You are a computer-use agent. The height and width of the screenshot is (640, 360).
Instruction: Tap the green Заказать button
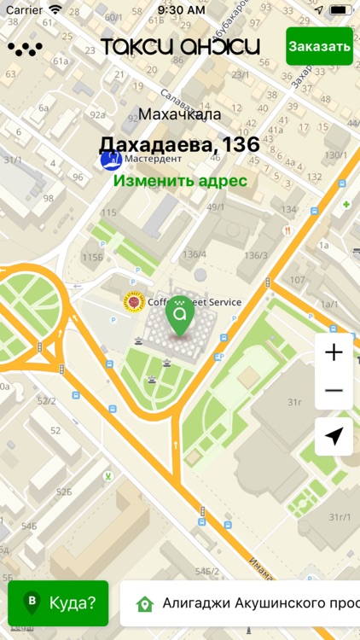pyautogui.click(x=319, y=46)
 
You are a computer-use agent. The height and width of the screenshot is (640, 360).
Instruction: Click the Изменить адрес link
pyautogui.click(x=180, y=181)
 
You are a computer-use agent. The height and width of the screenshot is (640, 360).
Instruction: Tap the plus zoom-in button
pyautogui.click(x=334, y=352)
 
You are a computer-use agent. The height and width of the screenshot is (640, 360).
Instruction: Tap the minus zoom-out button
pyautogui.click(x=334, y=391)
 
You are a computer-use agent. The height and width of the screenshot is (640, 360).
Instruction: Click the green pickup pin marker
pyautogui.click(x=179, y=314)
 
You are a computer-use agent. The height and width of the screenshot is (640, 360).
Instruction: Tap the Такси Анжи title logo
pyautogui.click(x=180, y=46)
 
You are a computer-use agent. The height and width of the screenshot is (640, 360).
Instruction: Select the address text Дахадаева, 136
pyautogui.click(x=179, y=144)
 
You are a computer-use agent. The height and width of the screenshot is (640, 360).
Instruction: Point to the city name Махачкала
pyautogui.click(x=179, y=114)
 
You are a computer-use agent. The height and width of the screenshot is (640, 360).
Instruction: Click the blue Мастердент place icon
pyautogui.click(x=110, y=159)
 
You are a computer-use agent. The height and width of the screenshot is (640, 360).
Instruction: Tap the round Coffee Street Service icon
pyautogui.click(x=133, y=302)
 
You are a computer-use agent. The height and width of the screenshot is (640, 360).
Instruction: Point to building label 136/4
pyautogui.click(x=194, y=254)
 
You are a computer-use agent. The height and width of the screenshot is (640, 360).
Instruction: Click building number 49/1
pyautogui.click(x=215, y=207)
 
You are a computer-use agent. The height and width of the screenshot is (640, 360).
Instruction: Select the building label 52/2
pyautogui.click(x=46, y=401)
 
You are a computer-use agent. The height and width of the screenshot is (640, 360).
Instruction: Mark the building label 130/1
pyautogui.click(x=335, y=155)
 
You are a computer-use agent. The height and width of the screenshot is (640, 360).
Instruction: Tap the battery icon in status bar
pyautogui.click(x=340, y=10)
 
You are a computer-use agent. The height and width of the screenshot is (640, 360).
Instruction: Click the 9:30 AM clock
pyautogui.click(x=181, y=10)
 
